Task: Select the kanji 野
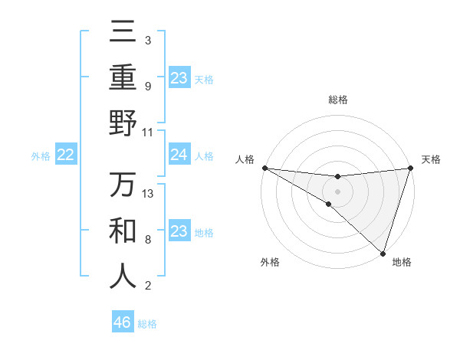pyautogui.click(x=123, y=123)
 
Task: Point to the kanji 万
pyautogui.click(x=123, y=185)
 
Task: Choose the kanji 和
pyautogui.click(x=123, y=231)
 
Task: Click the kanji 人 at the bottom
pyautogui.click(x=123, y=277)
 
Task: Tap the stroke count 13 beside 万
pyautogui.click(x=148, y=194)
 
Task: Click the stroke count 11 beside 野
pyautogui.click(x=148, y=133)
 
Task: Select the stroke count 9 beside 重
pyautogui.click(x=148, y=87)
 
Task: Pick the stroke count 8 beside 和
pyautogui.click(x=148, y=240)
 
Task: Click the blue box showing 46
pyautogui.click(x=123, y=322)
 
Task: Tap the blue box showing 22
pyautogui.click(x=66, y=155)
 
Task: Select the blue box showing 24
pyautogui.click(x=179, y=155)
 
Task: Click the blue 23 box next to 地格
pyautogui.click(x=179, y=232)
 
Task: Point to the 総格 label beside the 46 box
pyautogui.click(x=147, y=324)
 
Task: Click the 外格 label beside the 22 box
pyautogui.click(x=41, y=156)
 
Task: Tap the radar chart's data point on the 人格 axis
pyautogui.click(x=264, y=167)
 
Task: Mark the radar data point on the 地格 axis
pyautogui.click(x=383, y=252)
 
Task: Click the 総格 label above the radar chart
pyautogui.click(x=337, y=100)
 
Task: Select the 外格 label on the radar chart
pyautogui.click(x=270, y=262)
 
